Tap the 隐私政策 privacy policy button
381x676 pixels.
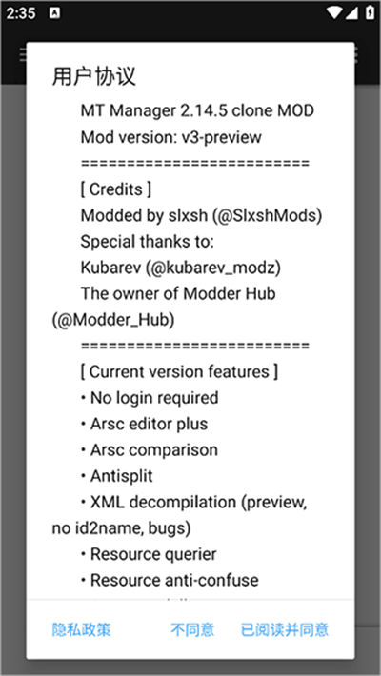coord(82,630)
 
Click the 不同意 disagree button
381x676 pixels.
coord(192,630)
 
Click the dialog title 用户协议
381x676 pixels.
coord(93,77)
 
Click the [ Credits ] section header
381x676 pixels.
coord(115,189)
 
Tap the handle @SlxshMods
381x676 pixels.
coord(267,215)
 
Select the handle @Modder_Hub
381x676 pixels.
coord(113,320)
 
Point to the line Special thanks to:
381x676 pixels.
coord(147,242)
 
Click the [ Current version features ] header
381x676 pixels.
coord(179,372)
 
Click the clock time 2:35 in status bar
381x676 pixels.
coord(20,13)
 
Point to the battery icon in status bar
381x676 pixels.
coord(370,12)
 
